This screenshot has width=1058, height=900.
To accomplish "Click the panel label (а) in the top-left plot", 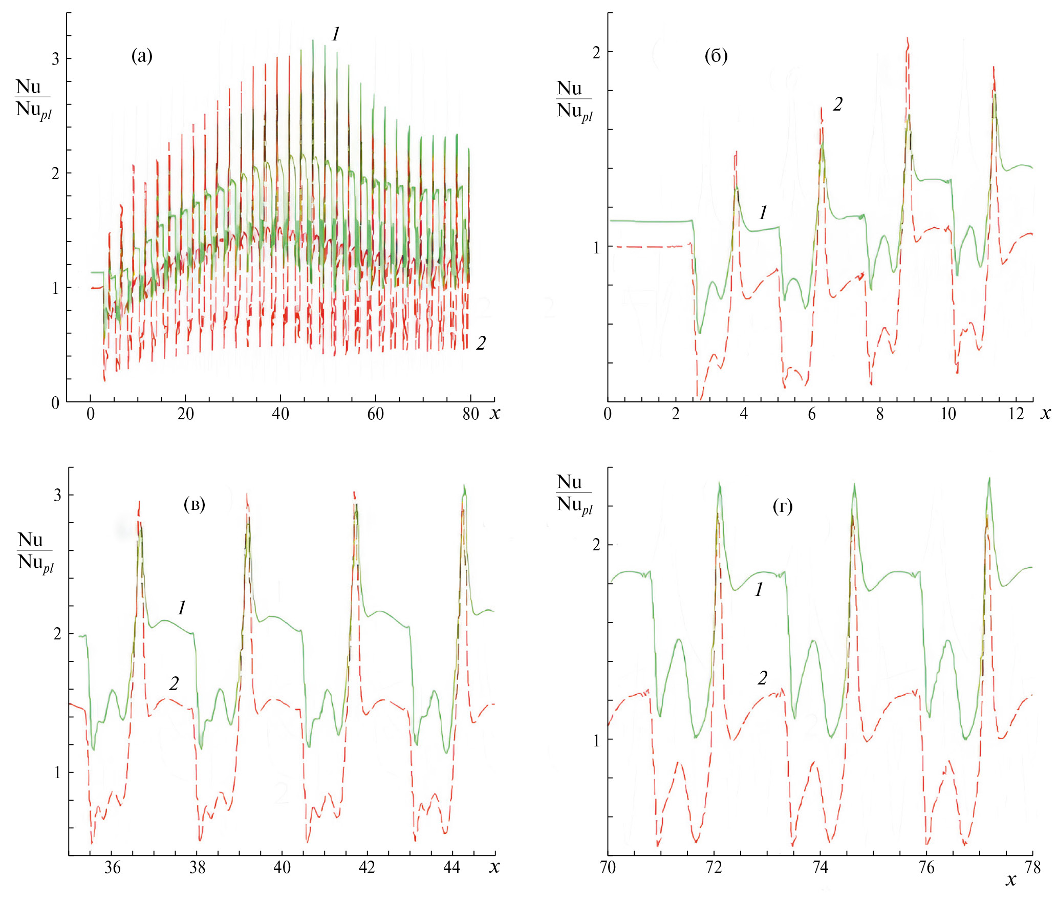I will [x=142, y=56].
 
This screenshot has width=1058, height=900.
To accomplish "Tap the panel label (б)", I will [x=716, y=56].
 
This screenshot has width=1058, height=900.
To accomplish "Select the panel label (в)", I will [x=194, y=505].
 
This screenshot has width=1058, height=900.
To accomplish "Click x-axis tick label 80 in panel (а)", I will [x=470, y=414].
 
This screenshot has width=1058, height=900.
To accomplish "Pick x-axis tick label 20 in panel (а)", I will [x=185, y=414].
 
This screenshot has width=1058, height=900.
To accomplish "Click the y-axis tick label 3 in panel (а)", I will [x=55, y=59].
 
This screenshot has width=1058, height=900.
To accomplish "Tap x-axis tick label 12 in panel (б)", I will [x=1016, y=414].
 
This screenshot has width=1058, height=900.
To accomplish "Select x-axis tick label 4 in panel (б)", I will [x=743, y=414].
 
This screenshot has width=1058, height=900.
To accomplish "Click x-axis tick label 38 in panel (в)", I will [x=197, y=867].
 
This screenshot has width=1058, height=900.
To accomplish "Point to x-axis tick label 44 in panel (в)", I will [x=451, y=867].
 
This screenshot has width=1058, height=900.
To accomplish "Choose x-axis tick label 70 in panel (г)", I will [x=608, y=867].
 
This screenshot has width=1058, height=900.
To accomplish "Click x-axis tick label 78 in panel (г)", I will [x=1033, y=867].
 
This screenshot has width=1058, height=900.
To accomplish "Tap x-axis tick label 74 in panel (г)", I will [x=820, y=867].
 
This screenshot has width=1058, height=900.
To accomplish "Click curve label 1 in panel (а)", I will [x=336, y=34].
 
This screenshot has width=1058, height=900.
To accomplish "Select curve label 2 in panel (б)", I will [x=837, y=104].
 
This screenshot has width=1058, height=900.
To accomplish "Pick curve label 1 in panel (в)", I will [x=182, y=608].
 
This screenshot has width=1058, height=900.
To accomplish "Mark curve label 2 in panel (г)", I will [x=763, y=678].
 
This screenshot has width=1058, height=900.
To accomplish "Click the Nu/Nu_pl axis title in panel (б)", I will [x=574, y=101].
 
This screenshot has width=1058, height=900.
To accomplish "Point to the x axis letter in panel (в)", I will [x=494, y=867].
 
